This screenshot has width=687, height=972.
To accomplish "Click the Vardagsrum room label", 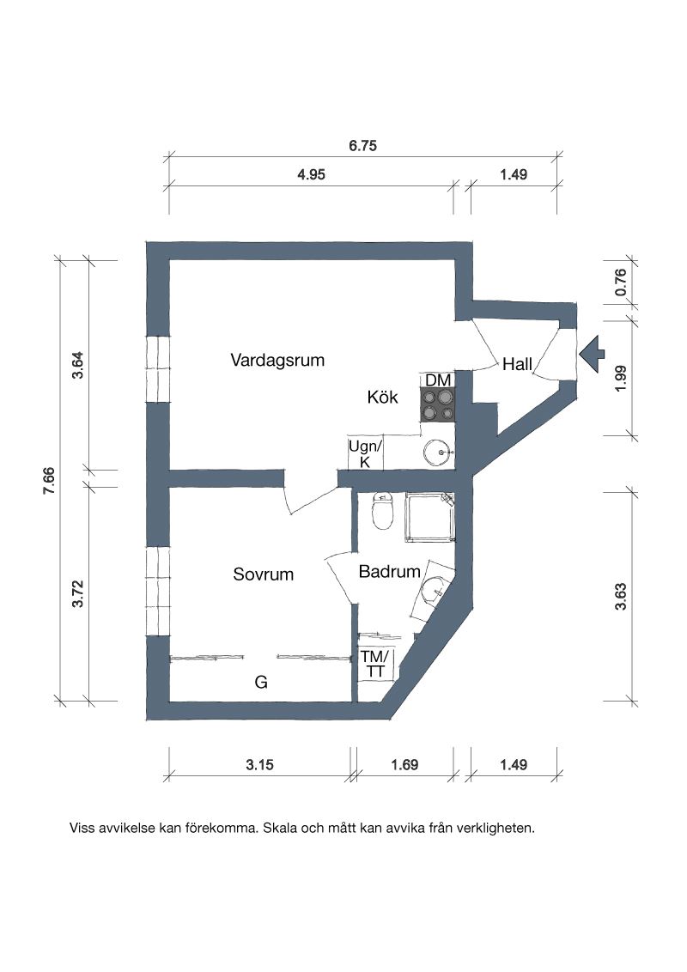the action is tap(277, 361).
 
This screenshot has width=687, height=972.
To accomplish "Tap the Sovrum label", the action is tap(263, 574).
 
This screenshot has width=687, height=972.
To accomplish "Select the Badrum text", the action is tap(389, 572).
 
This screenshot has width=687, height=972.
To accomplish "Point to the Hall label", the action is tap(518, 364).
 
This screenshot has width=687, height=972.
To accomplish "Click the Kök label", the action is tap(382, 398).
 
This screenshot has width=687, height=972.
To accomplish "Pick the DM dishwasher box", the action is tap(437, 380).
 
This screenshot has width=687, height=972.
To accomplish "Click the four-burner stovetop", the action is tap(437, 405).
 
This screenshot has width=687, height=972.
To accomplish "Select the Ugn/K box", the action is tap(365, 453).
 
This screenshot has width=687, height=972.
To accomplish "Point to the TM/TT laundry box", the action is tap(374, 664).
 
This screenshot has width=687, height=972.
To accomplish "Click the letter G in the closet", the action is tap(262, 683).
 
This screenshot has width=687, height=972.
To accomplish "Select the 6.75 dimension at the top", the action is tap(363, 146).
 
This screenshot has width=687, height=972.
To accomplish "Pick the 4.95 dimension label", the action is tap(311, 173).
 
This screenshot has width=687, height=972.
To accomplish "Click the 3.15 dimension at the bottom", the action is tap(258, 765).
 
